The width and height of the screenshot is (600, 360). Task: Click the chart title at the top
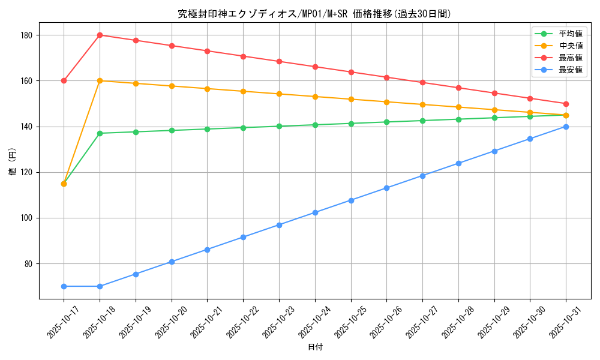click(314, 14)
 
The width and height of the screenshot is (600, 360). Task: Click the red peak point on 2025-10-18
click(100, 35)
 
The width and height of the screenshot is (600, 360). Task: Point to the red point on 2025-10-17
click(64, 80)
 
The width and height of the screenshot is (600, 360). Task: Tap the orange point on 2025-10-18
click(100, 80)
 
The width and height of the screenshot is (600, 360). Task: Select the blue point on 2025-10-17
click(64, 286)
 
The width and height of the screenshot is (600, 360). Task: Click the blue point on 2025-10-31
click(566, 127)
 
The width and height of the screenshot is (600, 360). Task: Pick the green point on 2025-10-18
click(100, 133)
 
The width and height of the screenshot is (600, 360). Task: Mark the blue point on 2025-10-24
click(315, 212)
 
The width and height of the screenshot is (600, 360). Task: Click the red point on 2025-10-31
click(566, 104)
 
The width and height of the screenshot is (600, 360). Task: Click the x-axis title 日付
click(314, 347)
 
